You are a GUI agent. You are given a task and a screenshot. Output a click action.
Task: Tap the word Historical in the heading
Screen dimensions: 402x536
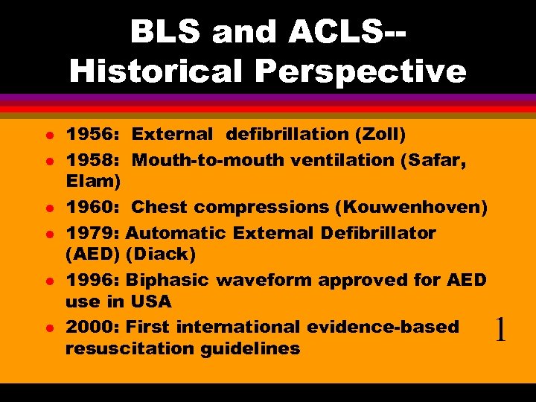point(153,71)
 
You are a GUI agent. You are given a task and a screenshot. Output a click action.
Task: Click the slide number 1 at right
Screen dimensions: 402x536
point(500,329)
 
